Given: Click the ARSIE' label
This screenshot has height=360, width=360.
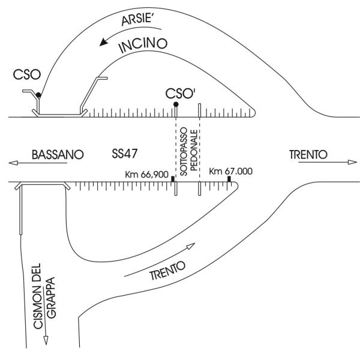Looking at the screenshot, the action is [137, 19].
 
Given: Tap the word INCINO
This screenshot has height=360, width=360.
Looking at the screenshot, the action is [143, 45].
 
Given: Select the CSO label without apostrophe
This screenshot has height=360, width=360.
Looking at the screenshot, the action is [27, 74].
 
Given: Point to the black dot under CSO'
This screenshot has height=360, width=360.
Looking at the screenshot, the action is [176, 104].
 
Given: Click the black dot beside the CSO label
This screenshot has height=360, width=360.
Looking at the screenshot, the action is [38, 95].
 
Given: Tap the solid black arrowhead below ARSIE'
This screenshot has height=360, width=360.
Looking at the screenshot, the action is [104, 42].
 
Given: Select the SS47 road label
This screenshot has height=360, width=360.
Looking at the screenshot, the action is [125, 154].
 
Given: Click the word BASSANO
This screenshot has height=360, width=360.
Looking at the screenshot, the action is [58, 155].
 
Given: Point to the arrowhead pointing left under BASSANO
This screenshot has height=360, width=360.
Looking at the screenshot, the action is [13, 163].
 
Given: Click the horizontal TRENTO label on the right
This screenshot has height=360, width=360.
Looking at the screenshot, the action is [308, 154].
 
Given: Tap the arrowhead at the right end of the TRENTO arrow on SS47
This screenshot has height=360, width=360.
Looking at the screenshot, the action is [352, 162].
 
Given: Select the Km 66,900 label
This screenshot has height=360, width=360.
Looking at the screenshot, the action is [147, 175].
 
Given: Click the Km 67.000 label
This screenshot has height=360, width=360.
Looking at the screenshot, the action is [231, 171].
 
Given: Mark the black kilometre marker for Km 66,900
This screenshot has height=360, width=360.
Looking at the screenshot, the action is [173, 179].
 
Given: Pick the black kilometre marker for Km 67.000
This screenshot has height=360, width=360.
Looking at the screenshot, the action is [229, 179].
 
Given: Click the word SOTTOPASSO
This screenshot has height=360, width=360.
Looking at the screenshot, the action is [184, 152].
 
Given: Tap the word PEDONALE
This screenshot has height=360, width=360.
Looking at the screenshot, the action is [194, 151].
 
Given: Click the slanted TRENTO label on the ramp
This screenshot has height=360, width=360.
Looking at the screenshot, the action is [167, 271].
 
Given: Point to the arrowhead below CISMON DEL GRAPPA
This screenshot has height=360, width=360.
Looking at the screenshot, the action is [46, 340].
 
